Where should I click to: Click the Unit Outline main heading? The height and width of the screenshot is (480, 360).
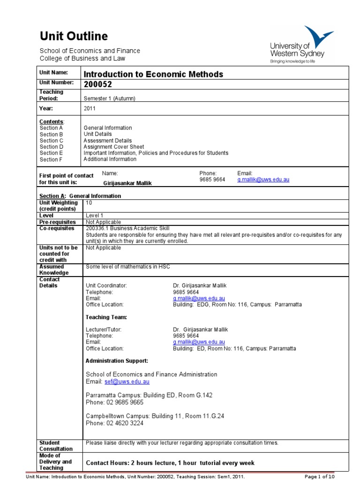[x=74, y=36]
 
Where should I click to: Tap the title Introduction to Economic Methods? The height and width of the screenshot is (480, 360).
[x=153, y=74]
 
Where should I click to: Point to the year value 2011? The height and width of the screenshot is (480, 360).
[x=89, y=108]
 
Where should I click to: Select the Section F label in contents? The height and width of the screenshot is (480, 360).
[x=51, y=159]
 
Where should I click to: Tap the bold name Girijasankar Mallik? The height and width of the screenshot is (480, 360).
[x=128, y=184]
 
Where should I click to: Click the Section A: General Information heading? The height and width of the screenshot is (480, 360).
[x=80, y=196]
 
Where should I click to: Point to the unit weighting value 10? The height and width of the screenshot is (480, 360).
[x=89, y=202]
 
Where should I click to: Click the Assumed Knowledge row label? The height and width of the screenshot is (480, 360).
[x=54, y=270]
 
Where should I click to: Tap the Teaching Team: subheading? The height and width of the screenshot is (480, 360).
[x=106, y=317]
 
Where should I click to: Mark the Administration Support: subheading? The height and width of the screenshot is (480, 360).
[x=117, y=361]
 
